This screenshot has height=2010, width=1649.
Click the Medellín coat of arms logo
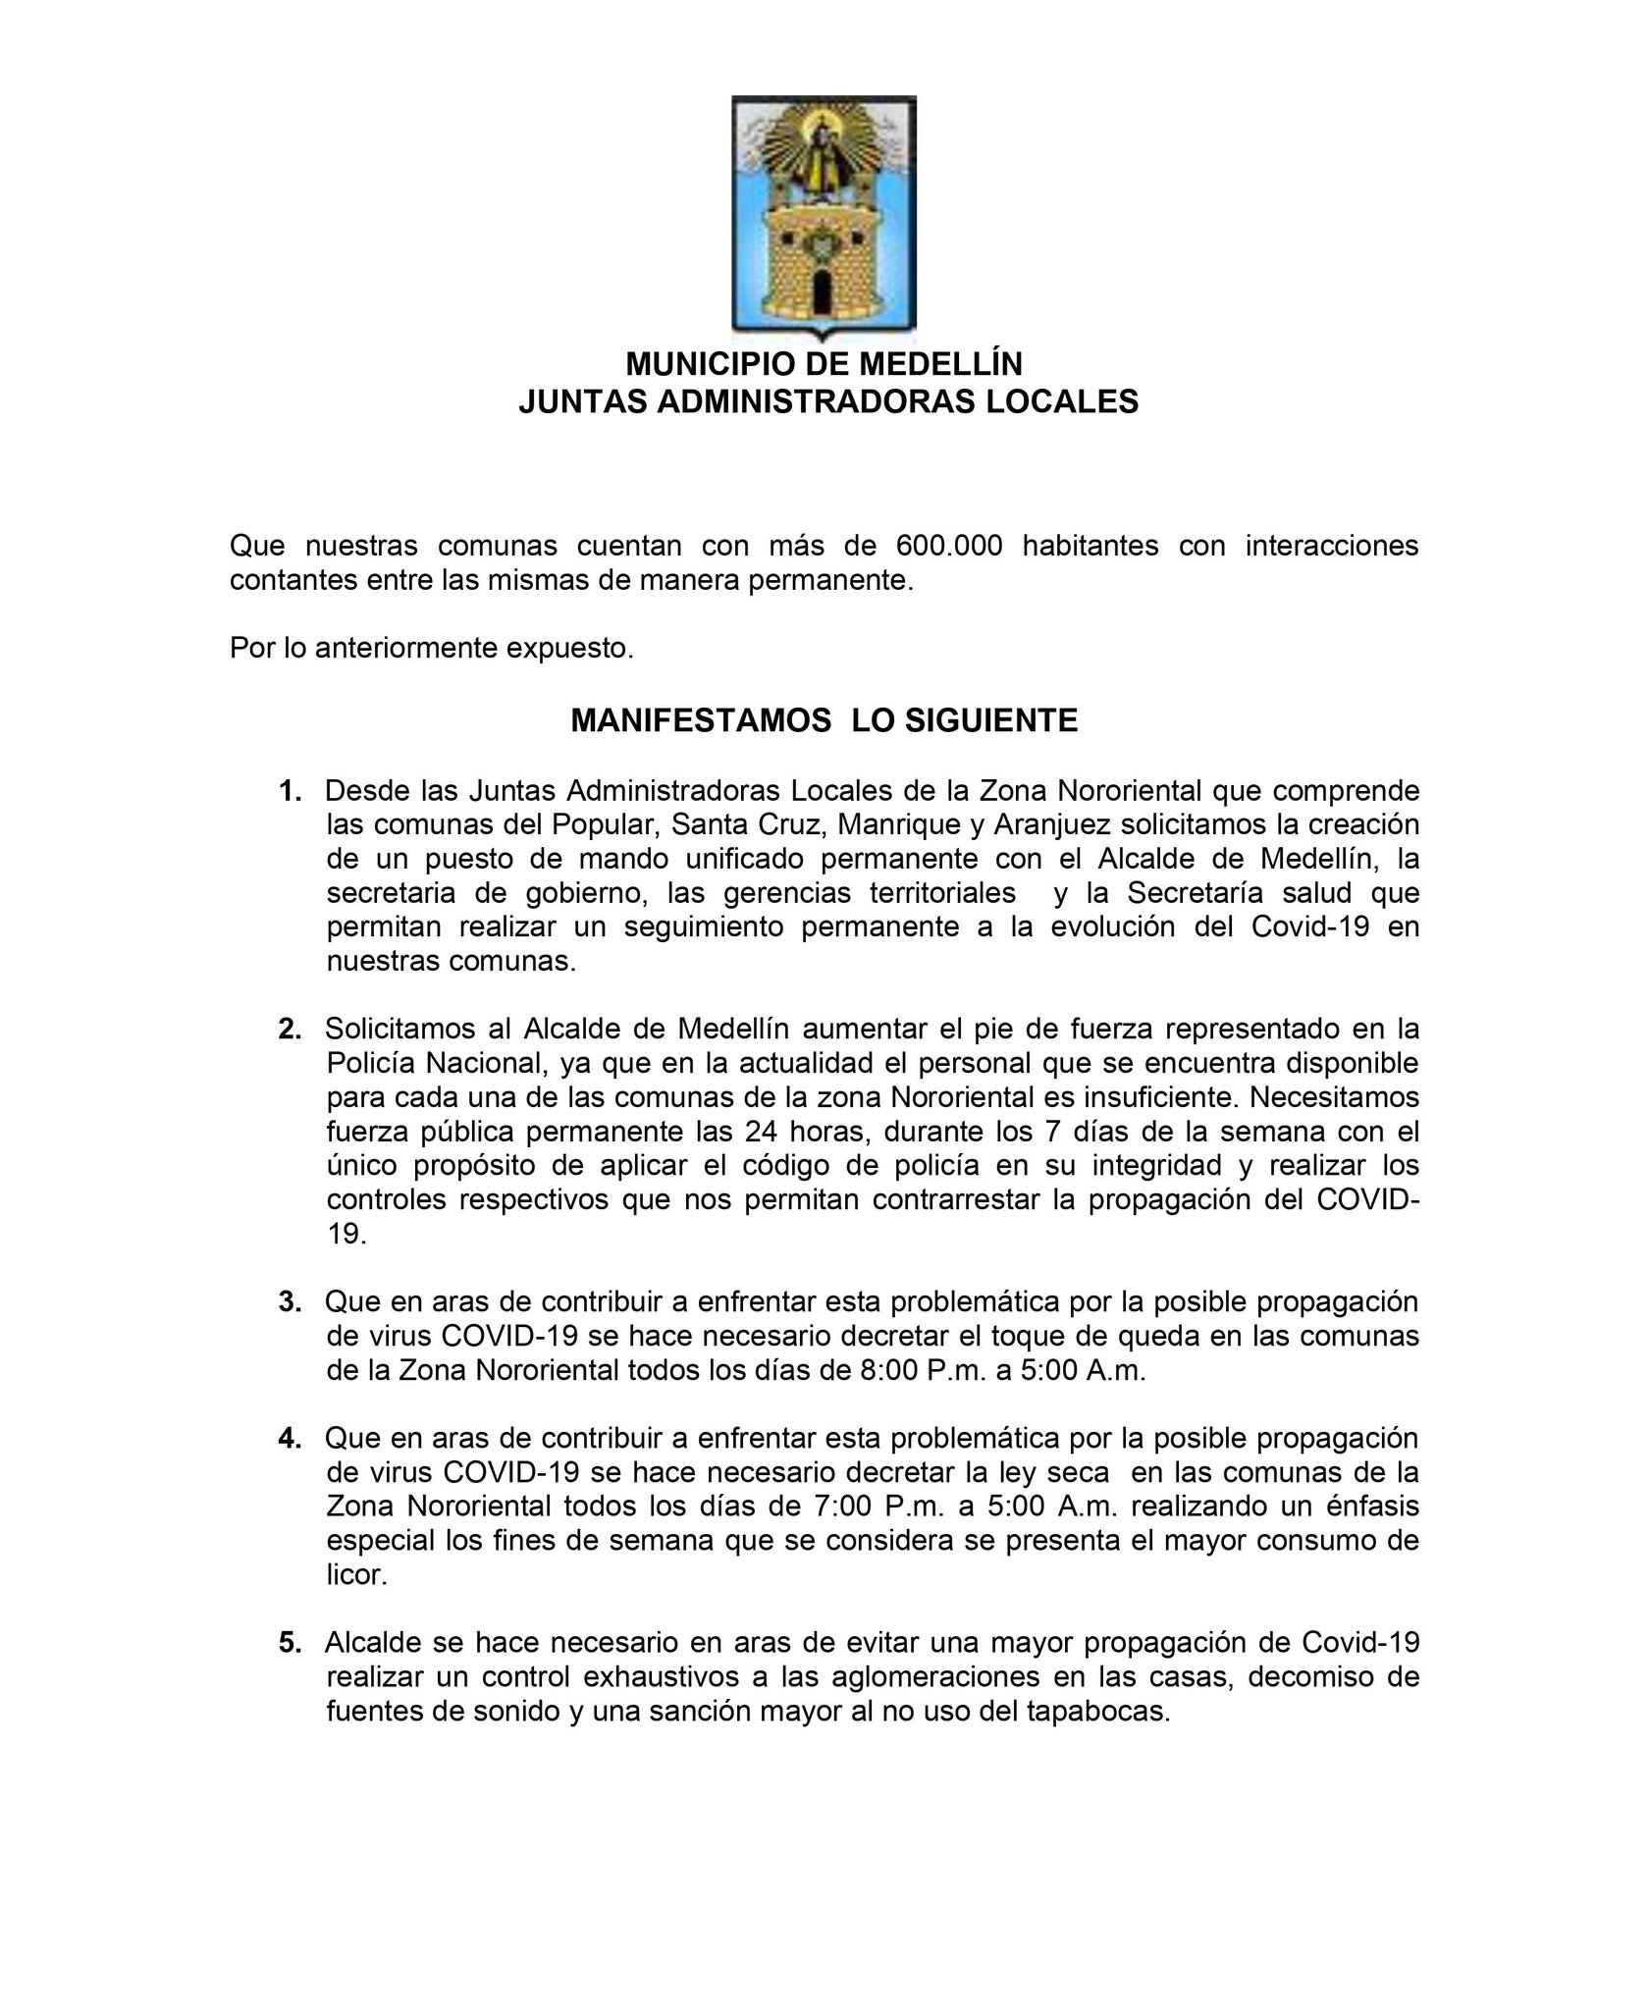[824, 217]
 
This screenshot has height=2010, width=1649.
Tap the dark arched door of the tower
[823, 290]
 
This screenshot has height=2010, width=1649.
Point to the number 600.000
[949, 546]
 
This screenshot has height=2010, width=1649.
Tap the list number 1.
[290, 791]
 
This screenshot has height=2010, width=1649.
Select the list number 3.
[290, 1302]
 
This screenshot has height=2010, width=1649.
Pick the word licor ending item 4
[356, 1575]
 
